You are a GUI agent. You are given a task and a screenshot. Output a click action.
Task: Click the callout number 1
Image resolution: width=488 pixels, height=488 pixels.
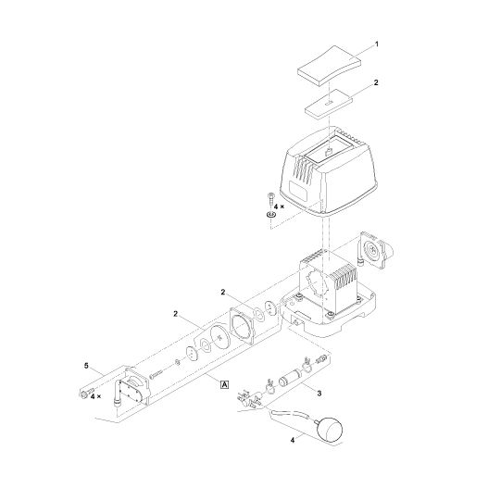(x=375, y=43)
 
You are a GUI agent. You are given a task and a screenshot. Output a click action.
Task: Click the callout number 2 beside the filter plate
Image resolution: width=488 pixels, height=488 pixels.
(x=375, y=82)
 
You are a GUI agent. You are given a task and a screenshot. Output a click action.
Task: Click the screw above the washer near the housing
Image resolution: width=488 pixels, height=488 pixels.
(x=270, y=198)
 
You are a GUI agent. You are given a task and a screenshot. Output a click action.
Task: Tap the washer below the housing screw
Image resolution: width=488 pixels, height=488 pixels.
(x=270, y=215)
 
